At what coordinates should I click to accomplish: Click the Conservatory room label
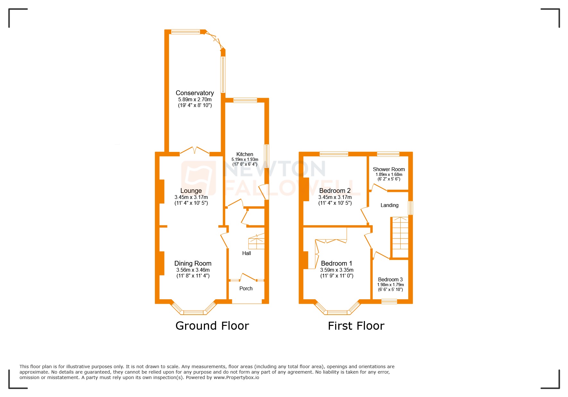point(195,93)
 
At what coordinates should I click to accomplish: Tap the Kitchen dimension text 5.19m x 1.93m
point(245,159)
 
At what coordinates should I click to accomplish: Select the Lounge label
point(191,191)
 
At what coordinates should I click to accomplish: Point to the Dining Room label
point(193,263)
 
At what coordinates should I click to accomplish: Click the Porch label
point(246,288)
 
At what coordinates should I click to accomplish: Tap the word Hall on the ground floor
point(246,253)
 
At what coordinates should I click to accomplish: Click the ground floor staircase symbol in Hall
point(257,242)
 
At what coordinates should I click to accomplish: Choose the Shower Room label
point(389,169)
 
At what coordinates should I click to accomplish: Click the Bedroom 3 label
point(390,279)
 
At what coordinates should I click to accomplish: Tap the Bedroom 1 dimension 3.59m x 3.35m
point(337,270)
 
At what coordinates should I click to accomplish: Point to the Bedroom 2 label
point(335,191)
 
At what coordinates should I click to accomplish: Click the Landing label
point(389,205)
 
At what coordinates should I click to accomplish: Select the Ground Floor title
point(212,326)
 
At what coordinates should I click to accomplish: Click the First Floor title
point(356,326)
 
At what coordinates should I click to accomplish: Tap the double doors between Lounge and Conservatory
point(194,151)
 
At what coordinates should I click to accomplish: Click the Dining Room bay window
point(193,312)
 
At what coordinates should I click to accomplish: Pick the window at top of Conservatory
point(186,32)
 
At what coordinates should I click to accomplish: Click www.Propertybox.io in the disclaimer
point(236,377)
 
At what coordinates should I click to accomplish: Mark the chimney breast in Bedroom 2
point(306,189)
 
